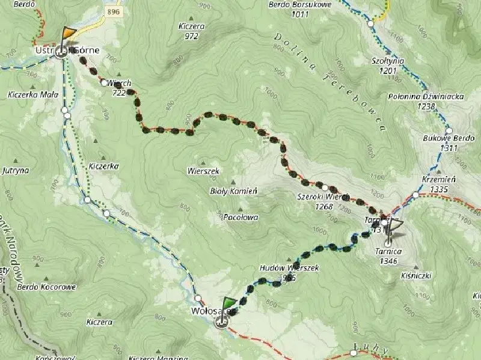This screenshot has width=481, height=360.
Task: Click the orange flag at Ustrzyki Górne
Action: point(70,33)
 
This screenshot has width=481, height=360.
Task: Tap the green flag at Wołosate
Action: point(229,304)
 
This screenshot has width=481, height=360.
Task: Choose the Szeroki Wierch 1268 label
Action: point(323,201)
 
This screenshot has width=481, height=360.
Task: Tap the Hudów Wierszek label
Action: point(289,272)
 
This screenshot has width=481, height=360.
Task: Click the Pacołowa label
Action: point(240,216)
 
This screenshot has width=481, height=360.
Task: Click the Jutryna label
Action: point(16,170)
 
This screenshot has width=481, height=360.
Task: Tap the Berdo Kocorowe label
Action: point(47,287)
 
